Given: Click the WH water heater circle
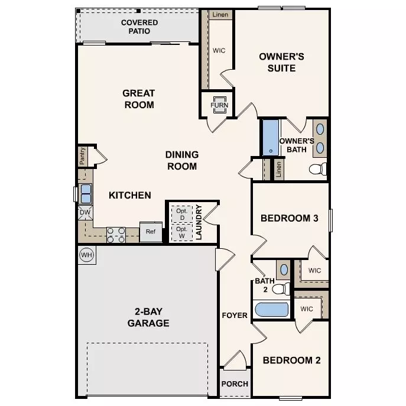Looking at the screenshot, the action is [87, 255].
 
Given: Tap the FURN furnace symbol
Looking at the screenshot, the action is [220, 105].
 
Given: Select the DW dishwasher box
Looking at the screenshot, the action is [85, 213].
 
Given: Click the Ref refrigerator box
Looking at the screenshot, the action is [151, 232].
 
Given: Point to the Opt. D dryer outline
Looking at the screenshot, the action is [182, 215].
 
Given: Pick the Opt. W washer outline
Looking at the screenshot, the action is [182, 232].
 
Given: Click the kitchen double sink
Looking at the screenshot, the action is [86, 194].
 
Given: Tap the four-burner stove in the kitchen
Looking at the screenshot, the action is [116, 235].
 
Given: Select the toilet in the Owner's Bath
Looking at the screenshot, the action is [318, 169].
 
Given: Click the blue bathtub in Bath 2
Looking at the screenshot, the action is [272, 310].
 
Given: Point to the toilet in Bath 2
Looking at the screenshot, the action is [281, 289].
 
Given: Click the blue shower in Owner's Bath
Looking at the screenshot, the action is [271, 138].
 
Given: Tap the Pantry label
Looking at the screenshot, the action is [82, 156].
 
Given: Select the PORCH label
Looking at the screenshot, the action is [235, 384].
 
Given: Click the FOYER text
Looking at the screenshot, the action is [235, 316].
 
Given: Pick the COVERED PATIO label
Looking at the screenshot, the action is [139, 27].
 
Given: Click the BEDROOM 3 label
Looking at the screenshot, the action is [290, 218].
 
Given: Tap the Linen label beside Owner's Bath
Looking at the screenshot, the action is [278, 170].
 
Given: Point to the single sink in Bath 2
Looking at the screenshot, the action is [284, 270].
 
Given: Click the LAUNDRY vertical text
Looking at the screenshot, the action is [199, 222].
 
